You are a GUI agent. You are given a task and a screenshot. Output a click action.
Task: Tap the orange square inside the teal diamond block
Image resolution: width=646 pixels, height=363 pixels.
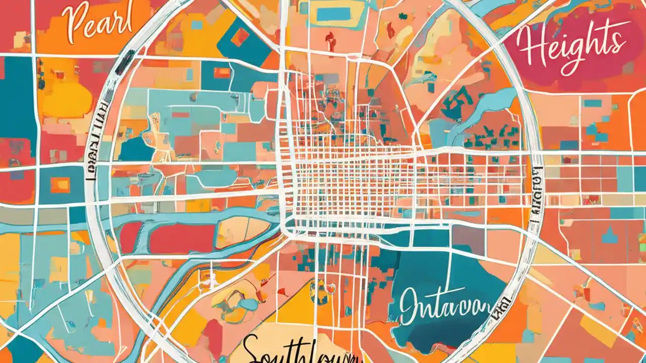240,37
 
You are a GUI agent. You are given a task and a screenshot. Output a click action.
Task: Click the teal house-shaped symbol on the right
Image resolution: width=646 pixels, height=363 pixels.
609,235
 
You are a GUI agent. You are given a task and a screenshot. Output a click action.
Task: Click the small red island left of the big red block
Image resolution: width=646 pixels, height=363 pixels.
130,237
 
